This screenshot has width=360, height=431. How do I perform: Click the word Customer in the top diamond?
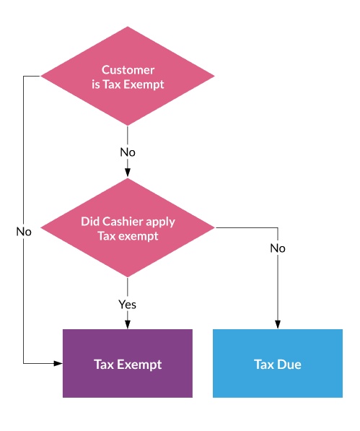(x=128, y=70)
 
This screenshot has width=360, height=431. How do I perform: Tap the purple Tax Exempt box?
(x=128, y=363)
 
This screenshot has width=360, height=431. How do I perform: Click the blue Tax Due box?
(x=278, y=363)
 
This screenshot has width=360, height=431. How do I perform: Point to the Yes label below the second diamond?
(x=127, y=304)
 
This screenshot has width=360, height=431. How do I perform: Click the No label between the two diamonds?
(x=128, y=152)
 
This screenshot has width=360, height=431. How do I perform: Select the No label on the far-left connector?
(x=24, y=232)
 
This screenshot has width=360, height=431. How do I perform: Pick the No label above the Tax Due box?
(x=278, y=248)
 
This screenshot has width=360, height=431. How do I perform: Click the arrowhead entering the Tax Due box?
(x=278, y=325)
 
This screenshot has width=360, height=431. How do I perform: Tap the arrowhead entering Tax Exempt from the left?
(x=58, y=363)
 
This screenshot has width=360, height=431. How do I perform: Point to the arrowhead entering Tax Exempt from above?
(x=128, y=325)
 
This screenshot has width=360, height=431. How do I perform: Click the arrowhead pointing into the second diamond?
(x=128, y=173)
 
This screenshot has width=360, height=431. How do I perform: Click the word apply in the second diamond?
(x=160, y=222)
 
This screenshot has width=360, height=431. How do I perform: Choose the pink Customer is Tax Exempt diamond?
(x=128, y=76)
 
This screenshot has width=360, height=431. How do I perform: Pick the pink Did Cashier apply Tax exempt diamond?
(x=128, y=227)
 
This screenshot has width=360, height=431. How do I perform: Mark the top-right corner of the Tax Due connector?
(x=278, y=227)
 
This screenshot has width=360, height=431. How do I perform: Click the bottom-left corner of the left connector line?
(x=24, y=363)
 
